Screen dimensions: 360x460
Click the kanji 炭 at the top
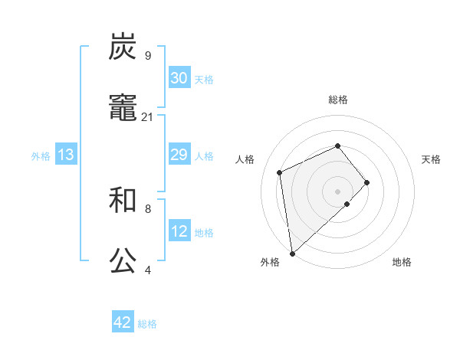(x=123, y=47)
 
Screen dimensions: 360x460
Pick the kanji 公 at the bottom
(x=123, y=260)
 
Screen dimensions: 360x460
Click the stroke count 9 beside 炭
(x=147, y=55)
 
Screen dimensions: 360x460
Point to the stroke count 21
(x=148, y=116)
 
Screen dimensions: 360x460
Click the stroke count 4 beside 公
(x=147, y=270)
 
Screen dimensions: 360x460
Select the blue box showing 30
(x=179, y=78)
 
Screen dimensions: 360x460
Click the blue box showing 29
(x=179, y=155)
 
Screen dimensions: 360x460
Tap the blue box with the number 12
(x=179, y=231)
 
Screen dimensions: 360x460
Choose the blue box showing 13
(x=66, y=155)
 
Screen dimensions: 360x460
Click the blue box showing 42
(x=123, y=322)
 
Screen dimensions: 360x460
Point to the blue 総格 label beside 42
(x=147, y=324)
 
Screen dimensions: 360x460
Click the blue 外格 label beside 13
(x=41, y=156)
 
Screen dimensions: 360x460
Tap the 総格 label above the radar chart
(x=337, y=100)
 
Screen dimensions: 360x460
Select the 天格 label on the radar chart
(x=431, y=159)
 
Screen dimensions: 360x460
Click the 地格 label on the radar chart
(x=402, y=262)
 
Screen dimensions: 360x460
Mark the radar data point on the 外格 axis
(x=292, y=252)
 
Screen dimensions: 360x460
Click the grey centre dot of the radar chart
(x=337, y=190)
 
